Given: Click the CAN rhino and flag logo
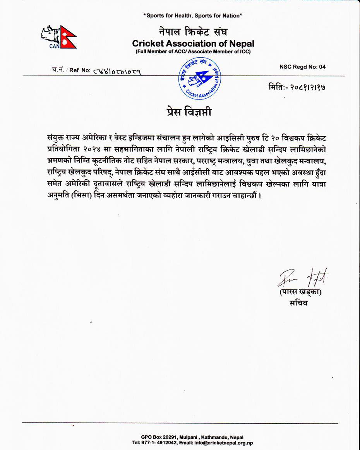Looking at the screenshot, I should [x=58, y=37].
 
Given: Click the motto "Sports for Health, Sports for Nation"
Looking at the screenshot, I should [x=193, y=16].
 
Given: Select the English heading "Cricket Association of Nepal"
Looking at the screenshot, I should [x=193, y=44].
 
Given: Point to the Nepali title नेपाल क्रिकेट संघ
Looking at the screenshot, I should [x=193, y=32].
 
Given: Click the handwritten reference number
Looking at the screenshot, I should [x=116, y=71].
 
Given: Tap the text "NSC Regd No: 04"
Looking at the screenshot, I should [x=302, y=67].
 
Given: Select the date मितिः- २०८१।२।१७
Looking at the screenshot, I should [x=297, y=87].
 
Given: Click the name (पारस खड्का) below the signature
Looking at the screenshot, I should [x=300, y=292].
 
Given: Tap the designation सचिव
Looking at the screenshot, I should [x=298, y=303].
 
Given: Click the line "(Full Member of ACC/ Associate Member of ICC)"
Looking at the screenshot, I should [x=193, y=52].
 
